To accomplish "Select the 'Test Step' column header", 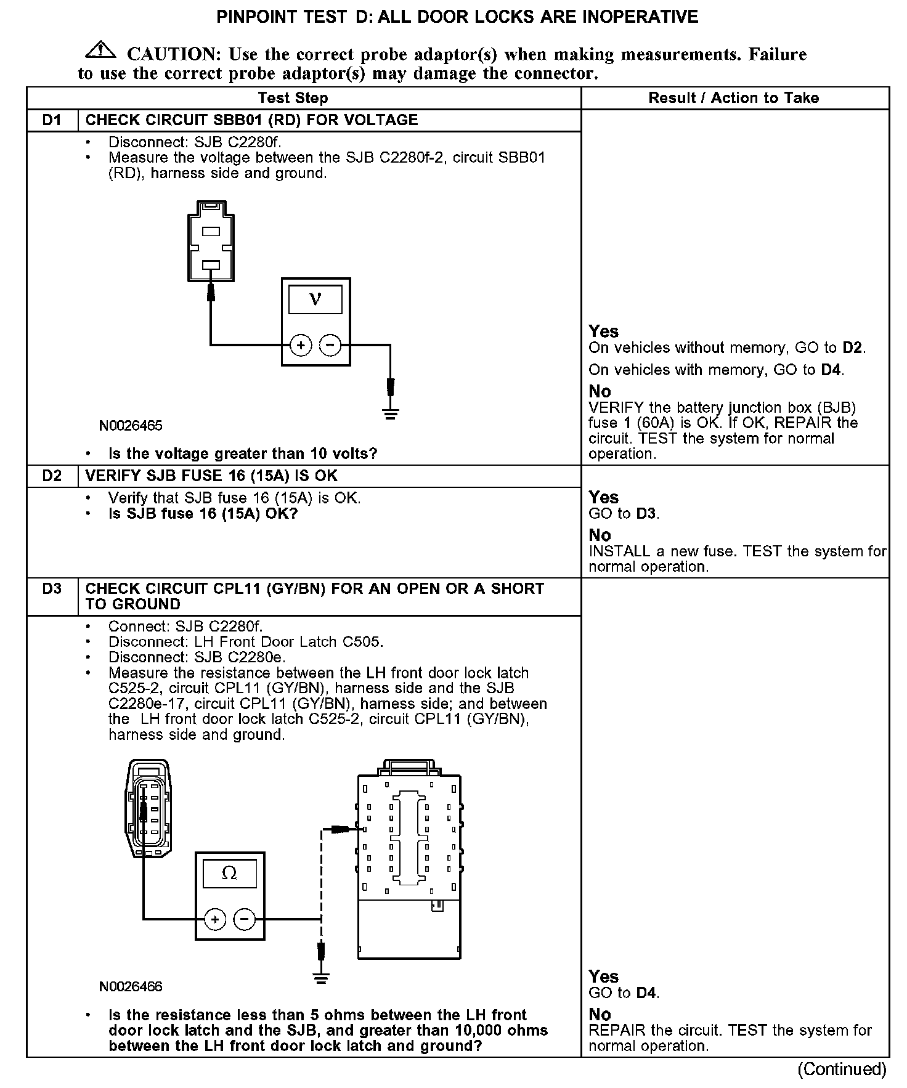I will point(293,98).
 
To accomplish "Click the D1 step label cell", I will point(52,120).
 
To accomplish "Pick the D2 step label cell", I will point(52,476).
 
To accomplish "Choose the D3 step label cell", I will point(52,589).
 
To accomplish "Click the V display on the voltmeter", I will point(315,299).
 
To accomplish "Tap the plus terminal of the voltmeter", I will point(301,345).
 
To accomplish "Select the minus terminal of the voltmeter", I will point(331,345).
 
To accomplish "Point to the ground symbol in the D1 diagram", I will point(390,412).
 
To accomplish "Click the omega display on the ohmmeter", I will point(229,874).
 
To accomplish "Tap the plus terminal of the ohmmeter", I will point(214,920).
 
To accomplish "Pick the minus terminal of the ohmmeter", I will point(245,920).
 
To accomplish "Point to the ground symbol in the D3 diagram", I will point(320,977).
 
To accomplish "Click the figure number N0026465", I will point(131,426).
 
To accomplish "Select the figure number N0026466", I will point(131,986).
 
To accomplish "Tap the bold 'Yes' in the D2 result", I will point(603,497).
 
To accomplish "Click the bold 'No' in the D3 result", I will point(600,1014).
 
